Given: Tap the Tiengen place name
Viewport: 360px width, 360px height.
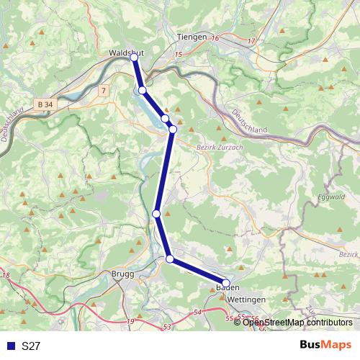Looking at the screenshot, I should pyautogui.click(x=191, y=37).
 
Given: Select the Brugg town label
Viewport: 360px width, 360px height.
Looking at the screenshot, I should pyautogui.click(x=122, y=274).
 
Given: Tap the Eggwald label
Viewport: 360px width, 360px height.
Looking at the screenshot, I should pyautogui.click(x=330, y=197).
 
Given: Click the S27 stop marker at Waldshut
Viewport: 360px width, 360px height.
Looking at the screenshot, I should pyautogui.click(x=134, y=58).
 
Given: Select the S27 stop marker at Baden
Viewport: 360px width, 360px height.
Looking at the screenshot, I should pyautogui.click(x=225, y=284).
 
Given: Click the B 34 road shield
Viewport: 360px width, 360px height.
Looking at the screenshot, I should pyautogui.click(x=44, y=104).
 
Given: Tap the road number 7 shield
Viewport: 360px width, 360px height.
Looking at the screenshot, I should pyautogui.click(x=104, y=90).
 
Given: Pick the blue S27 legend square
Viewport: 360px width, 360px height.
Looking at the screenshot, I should pyautogui.click(x=10, y=346).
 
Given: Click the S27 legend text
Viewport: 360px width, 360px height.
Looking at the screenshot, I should pyautogui.click(x=31, y=346).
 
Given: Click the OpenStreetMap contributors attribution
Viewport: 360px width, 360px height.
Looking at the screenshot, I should pyautogui.click(x=297, y=323).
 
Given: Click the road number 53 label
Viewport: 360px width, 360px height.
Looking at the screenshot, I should pyautogui.click(x=166, y=328).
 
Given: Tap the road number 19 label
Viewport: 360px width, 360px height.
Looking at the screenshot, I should pyautogui.click(x=130, y=321).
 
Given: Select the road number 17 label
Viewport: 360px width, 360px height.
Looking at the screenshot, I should pyautogui.click(x=251, y=42).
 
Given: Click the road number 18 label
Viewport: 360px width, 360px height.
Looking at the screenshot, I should pyautogui.click(x=6, y=275).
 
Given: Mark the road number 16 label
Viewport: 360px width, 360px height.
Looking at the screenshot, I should pyautogui.click(x=215, y=37).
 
